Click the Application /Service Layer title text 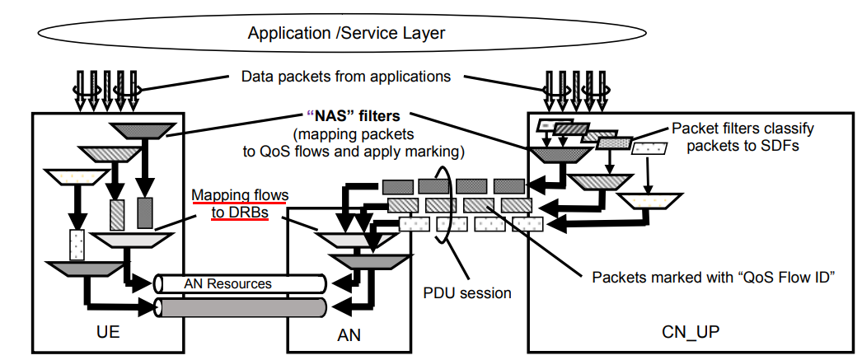click(346, 34)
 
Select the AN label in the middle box click(349, 335)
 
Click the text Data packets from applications click(346, 77)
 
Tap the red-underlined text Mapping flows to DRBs click(240, 203)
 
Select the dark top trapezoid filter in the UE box click(143, 130)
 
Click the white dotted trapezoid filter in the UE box click(75, 176)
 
